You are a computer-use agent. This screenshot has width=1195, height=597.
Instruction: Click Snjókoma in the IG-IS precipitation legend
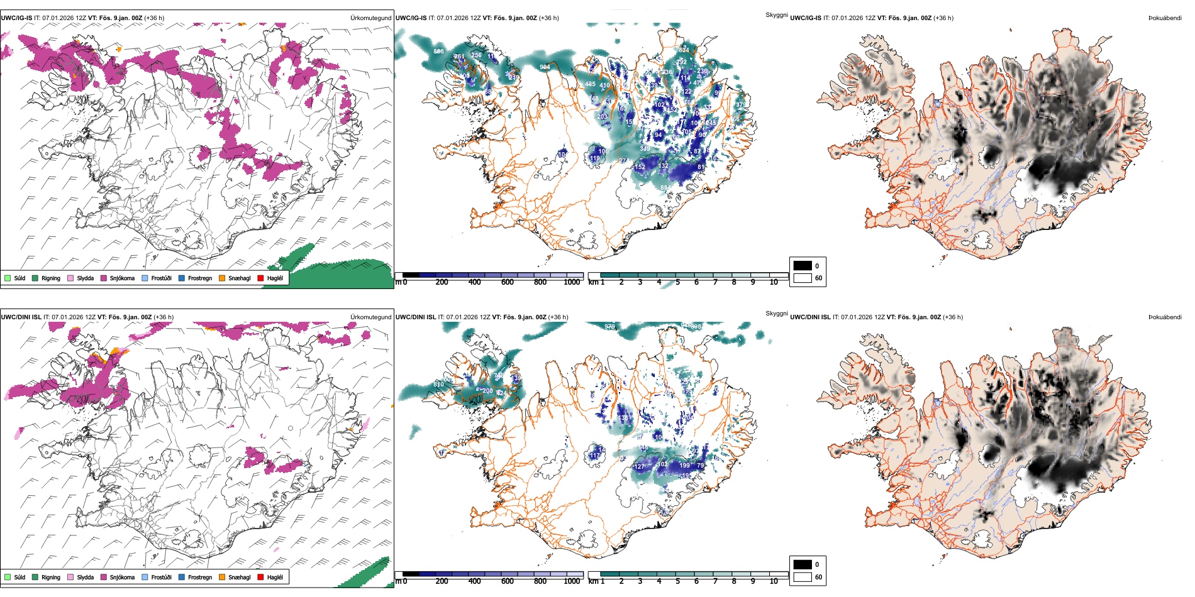122,278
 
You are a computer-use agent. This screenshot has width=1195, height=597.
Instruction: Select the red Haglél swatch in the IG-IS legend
261,278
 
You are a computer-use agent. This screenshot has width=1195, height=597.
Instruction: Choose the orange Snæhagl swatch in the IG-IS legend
222,278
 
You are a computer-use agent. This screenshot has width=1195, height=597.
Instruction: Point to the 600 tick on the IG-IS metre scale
508,282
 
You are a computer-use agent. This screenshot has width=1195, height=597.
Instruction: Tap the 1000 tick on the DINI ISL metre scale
572,581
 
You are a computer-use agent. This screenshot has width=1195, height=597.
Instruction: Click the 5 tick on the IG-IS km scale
677,282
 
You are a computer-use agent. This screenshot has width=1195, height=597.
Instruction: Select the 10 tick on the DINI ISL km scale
774,581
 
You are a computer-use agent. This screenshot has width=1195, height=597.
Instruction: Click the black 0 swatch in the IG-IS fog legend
803,266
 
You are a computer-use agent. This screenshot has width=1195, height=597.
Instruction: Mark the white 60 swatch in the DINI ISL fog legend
803,577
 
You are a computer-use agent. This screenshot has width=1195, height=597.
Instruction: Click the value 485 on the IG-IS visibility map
590,84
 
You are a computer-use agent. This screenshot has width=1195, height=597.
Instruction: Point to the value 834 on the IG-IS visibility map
684,50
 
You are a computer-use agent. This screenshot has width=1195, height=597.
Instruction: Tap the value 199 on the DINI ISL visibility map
685,466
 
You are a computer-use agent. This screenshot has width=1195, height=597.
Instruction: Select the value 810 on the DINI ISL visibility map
438,385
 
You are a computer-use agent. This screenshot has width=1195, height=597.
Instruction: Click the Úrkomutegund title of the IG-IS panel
370,18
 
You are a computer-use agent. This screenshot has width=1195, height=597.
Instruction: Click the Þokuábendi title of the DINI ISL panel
1165,317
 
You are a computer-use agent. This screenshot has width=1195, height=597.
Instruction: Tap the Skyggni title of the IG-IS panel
776,15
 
